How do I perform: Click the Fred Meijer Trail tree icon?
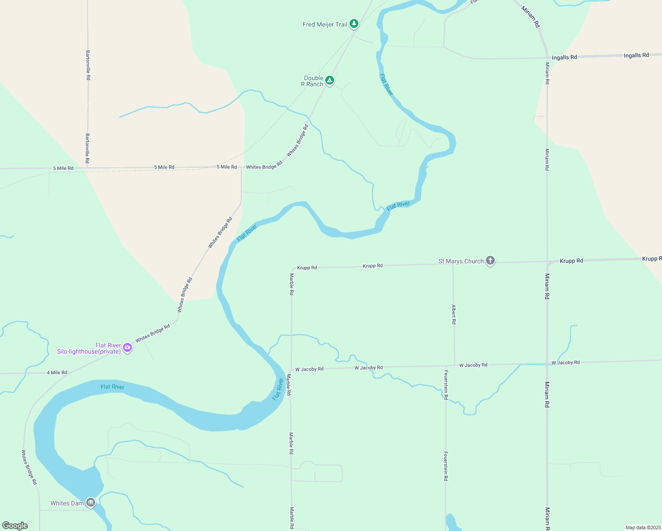pos(354,23)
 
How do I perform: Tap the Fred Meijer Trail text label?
pos(325,24)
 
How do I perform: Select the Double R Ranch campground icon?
pos(329,80)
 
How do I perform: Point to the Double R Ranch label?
pos(313,81)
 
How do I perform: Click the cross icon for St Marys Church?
pos(490,260)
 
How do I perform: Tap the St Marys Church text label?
pos(461,261)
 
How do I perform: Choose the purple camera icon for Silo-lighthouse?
pos(127,347)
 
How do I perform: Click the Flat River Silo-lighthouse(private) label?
pos(89,348)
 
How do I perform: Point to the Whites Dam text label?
pos(67,503)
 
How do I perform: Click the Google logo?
pos(15,526)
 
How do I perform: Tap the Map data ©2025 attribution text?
pos(643,527)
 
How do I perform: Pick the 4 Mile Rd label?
pos(57,373)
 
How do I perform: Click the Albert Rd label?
pos(454,314)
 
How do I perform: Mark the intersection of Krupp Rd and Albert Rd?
pos(453,264)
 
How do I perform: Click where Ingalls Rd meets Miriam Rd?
pos(547,58)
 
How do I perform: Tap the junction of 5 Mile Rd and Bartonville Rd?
pos(88,168)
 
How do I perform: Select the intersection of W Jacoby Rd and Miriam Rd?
pos(547,364)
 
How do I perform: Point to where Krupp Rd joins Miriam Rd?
pos(547,262)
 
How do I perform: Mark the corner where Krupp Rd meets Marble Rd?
pos(292,269)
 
